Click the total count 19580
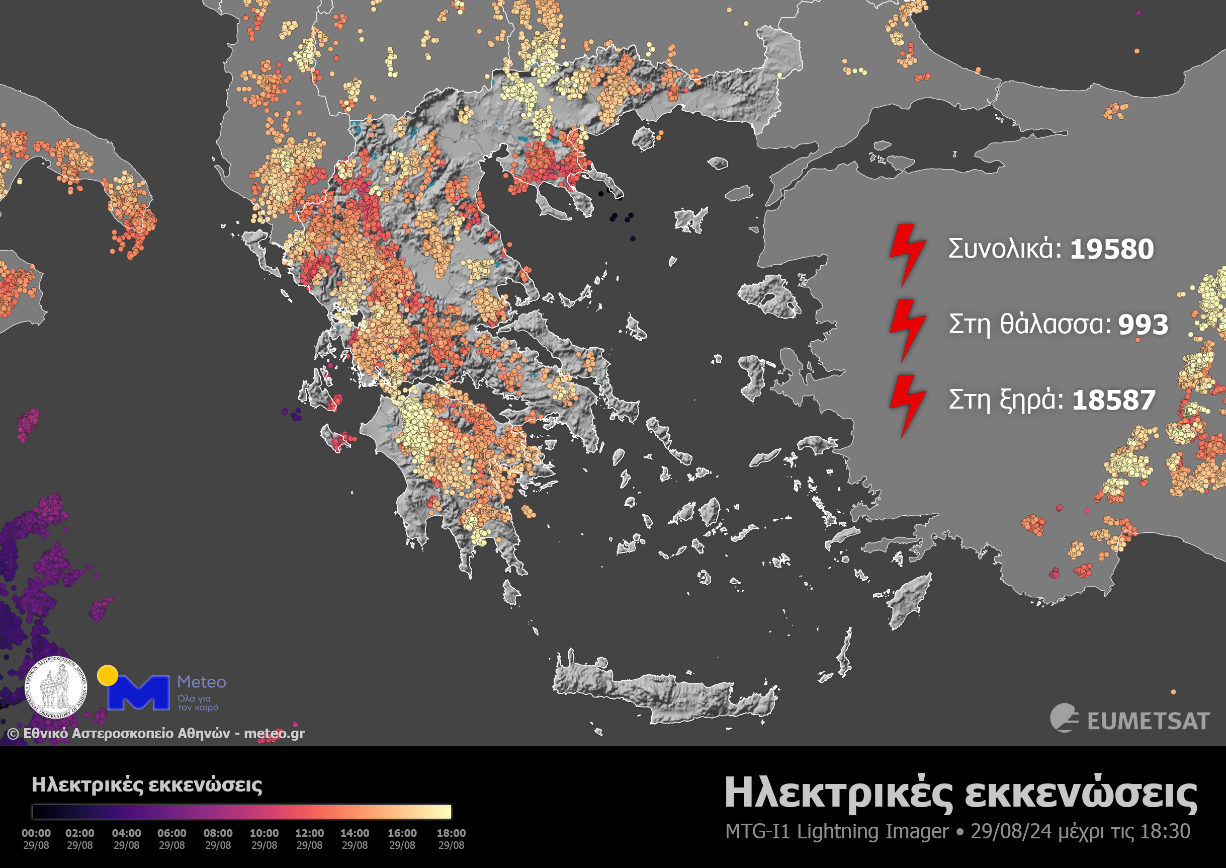pyautogui.click(x=1112, y=249)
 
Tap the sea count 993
pyautogui.click(x=1143, y=325)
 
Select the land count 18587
pyautogui.click(x=1114, y=400)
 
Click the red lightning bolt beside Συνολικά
pyautogui.click(x=907, y=255)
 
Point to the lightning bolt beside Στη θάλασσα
pyautogui.click(x=907, y=330)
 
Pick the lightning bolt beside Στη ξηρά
pyautogui.click(x=907, y=405)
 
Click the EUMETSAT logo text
pyautogui.click(x=1148, y=722)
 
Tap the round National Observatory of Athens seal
pyautogui.click(x=57, y=687)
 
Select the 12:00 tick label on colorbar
pyautogui.click(x=309, y=833)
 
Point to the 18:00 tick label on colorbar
pyautogui.click(x=451, y=833)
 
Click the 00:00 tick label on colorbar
pyautogui.click(x=36, y=833)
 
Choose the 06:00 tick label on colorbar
pyautogui.click(x=171, y=833)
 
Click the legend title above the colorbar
pyautogui.click(x=147, y=784)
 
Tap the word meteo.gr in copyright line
pyautogui.click(x=274, y=733)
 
